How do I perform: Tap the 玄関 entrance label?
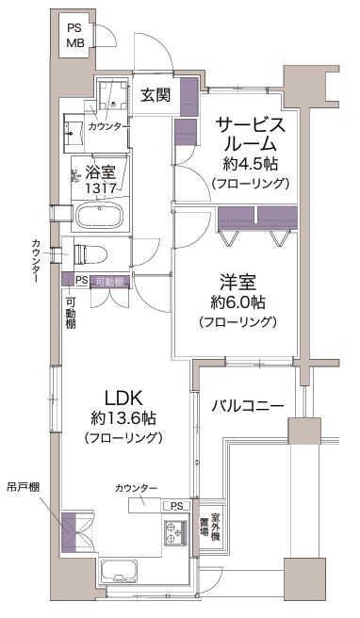(x=155, y=94)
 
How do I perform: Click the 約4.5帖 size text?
(x=250, y=164)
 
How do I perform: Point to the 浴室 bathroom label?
(x=101, y=172)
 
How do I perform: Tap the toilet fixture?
(x=90, y=253)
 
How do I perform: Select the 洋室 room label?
(x=237, y=283)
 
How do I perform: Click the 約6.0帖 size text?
(x=237, y=302)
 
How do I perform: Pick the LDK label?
(x=123, y=398)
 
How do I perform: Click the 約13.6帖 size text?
(x=123, y=418)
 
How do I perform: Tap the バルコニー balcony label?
(x=247, y=405)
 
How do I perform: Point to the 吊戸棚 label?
(x=23, y=487)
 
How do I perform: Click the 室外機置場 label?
(x=209, y=527)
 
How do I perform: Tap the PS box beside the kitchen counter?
(x=176, y=506)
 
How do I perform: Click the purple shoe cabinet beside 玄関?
(x=188, y=97)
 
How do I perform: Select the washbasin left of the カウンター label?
(x=74, y=133)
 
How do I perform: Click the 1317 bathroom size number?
(x=101, y=188)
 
